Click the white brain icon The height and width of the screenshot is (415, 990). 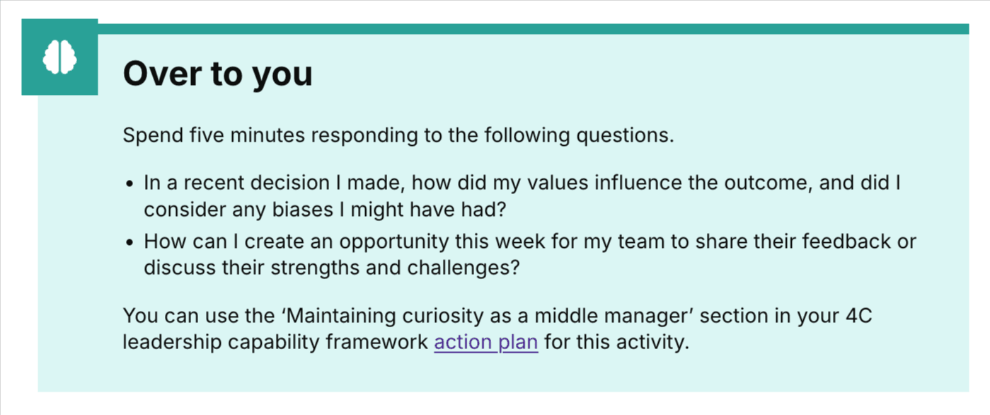pyautogui.click(x=59, y=57)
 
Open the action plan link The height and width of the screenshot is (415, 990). pyautogui.click(x=485, y=343)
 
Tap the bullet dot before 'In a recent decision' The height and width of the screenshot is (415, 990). pyautogui.click(x=129, y=184)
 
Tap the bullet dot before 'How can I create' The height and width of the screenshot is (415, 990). pyautogui.click(x=129, y=242)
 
